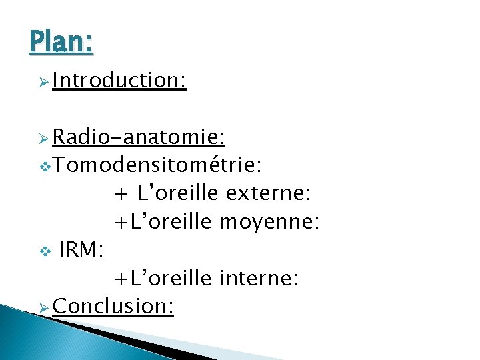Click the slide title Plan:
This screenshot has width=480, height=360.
click(61, 41)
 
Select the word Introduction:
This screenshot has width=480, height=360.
click(119, 81)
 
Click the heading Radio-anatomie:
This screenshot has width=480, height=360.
click(139, 138)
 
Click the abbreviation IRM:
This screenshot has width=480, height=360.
click(81, 250)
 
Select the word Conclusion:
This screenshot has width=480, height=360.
click(113, 306)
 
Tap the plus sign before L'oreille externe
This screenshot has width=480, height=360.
click(121, 195)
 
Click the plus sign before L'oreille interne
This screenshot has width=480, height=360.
click(121, 279)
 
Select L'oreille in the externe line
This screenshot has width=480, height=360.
click(177, 194)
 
